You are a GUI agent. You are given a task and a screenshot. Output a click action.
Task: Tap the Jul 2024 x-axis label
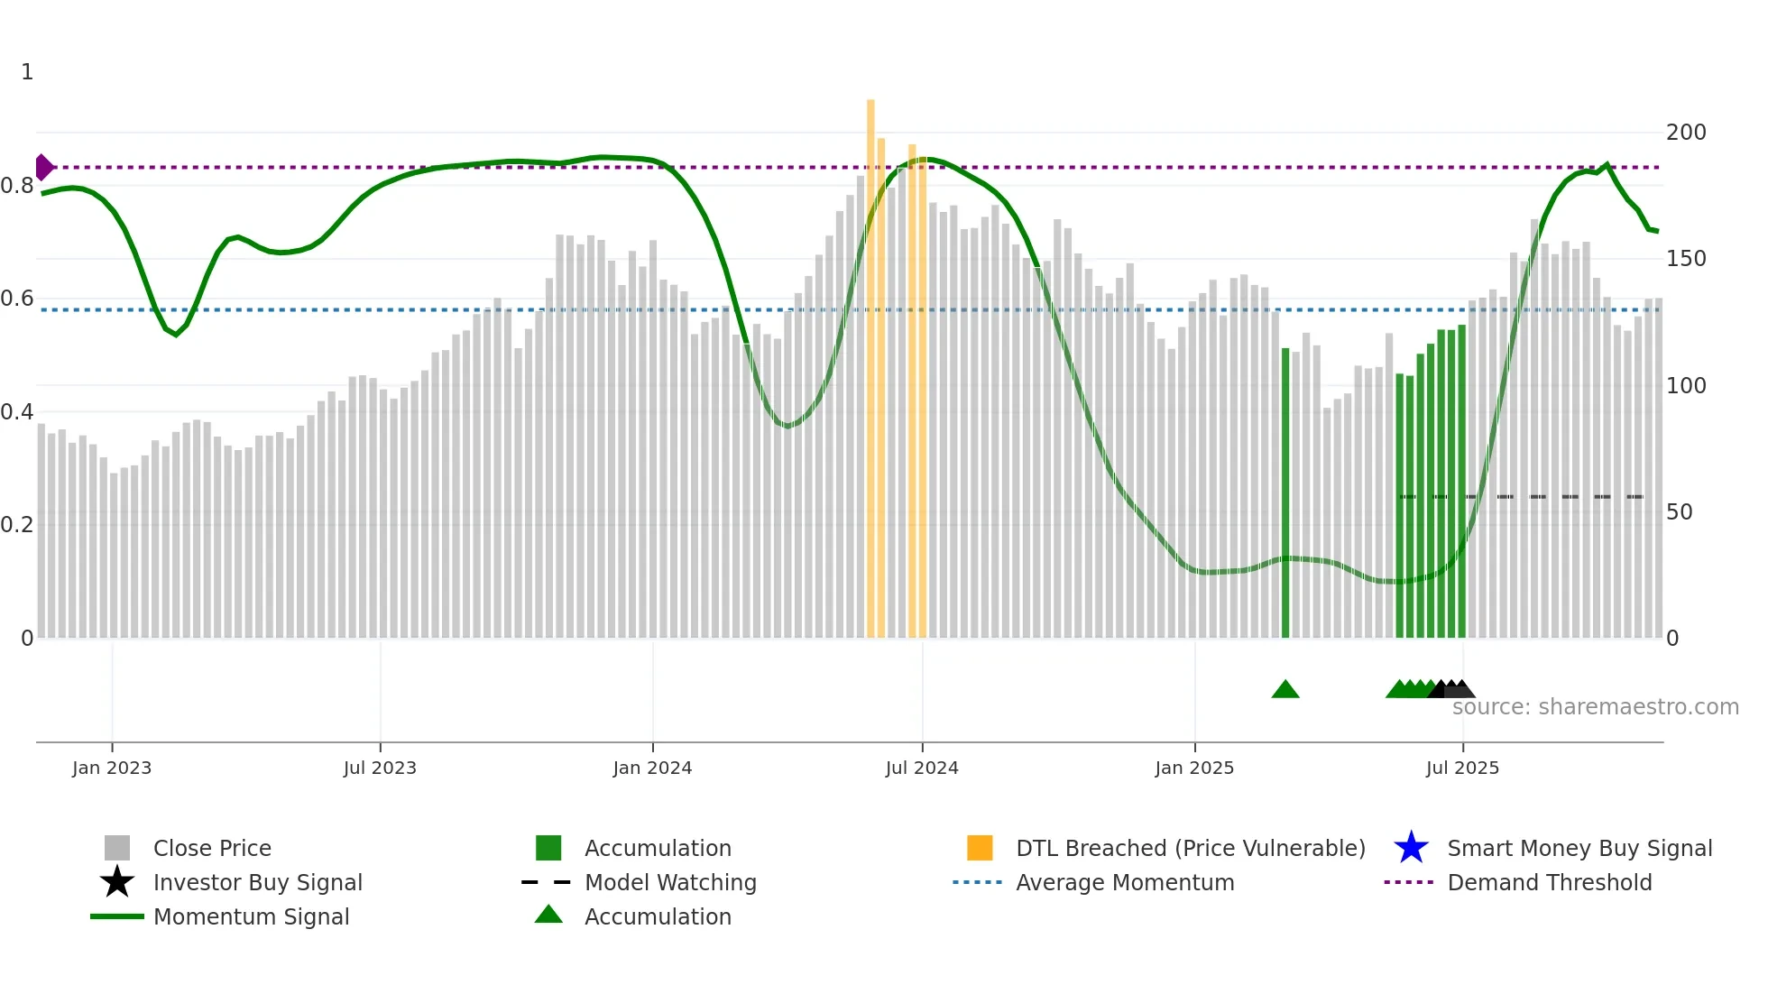[921, 768]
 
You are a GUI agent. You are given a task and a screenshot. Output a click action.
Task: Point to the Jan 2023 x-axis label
[112, 768]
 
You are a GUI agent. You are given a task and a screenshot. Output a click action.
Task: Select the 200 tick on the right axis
[1685, 133]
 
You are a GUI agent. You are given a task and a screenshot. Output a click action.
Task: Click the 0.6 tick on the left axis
[17, 299]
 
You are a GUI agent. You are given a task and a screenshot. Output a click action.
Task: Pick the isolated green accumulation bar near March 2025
[1285, 492]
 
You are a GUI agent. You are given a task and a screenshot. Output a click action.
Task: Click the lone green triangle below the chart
[1285, 690]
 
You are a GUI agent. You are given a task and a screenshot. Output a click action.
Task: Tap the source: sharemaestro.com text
[1595, 707]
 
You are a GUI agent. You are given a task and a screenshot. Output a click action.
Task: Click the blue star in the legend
[1411, 848]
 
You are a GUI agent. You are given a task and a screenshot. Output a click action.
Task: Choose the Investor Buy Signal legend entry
[257, 883]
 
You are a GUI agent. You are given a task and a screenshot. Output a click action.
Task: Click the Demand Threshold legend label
[1549, 883]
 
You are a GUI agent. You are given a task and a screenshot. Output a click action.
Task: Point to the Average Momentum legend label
[1124, 883]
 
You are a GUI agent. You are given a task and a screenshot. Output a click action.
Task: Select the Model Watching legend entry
[669, 883]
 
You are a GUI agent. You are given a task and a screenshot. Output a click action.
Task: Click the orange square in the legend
[980, 848]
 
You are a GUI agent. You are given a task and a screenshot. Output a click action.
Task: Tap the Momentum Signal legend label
[251, 917]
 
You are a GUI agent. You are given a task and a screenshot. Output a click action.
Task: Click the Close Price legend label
[212, 849]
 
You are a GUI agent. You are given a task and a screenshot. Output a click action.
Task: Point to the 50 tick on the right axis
[1679, 512]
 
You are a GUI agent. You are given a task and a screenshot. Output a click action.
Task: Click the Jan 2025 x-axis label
[1193, 768]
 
